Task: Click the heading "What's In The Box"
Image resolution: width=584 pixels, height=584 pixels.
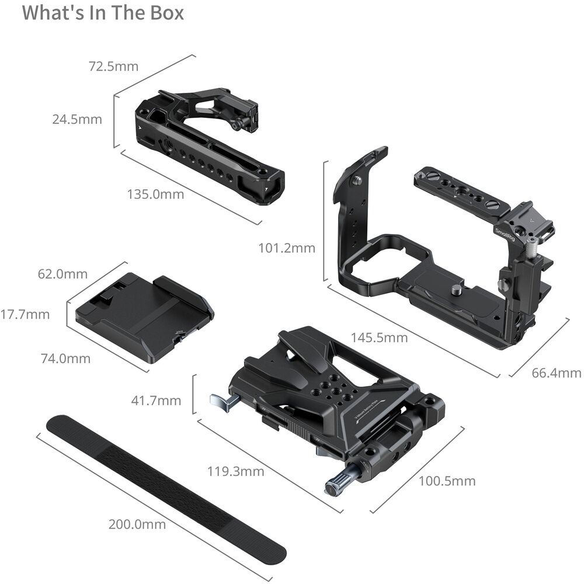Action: tap(103, 12)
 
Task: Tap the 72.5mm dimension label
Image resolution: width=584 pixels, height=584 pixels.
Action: tap(113, 67)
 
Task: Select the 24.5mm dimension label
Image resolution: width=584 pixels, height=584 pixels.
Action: tap(77, 119)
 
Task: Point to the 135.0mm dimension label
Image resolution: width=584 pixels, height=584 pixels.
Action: tap(156, 194)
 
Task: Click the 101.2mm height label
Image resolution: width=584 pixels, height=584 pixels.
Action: tap(287, 248)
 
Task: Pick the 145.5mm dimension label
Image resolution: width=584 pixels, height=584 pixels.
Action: tap(379, 338)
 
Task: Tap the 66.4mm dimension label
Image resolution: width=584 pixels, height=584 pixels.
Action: tap(557, 373)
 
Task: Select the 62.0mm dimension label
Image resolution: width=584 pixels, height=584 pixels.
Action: tap(62, 274)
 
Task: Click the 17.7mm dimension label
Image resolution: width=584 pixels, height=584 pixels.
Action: tap(25, 314)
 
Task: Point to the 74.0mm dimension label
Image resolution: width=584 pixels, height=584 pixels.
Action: tap(65, 359)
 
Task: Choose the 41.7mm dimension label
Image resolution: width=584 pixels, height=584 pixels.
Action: tap(156, 401)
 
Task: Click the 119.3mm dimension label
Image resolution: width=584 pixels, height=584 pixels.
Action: tap(235, 471)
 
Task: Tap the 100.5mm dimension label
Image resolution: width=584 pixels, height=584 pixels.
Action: tap(447, 481)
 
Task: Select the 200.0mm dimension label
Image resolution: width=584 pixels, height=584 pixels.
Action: tap(137, 524)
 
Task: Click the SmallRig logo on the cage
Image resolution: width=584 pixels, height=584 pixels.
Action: tap(505, 234)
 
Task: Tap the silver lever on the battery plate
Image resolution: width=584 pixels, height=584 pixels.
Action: tap(221, 403)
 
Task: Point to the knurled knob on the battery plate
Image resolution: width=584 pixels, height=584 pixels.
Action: tap(337, 484)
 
